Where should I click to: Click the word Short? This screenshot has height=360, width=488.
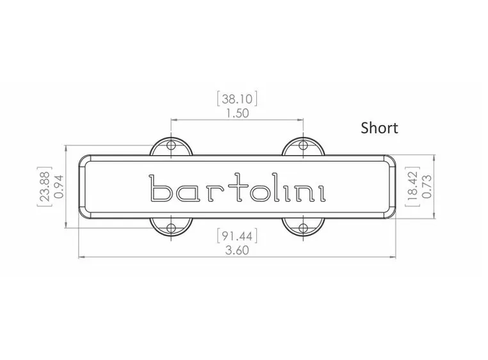click(379, 128)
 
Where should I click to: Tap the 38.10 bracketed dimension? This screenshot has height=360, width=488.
click(237, 99)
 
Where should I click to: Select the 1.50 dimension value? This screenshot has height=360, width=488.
click(237, 113)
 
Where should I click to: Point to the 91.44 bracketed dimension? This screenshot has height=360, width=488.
click(237, 236)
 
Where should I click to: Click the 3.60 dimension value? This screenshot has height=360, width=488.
click(237, 250)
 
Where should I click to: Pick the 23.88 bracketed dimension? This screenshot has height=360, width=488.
click(45, 186)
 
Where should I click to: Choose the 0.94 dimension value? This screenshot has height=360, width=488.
click(58, 186)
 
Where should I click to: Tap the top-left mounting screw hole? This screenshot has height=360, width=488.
click(170, 145)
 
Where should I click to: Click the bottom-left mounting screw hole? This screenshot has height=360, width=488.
click(170, 227)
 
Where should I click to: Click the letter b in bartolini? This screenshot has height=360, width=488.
click(159, 188)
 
